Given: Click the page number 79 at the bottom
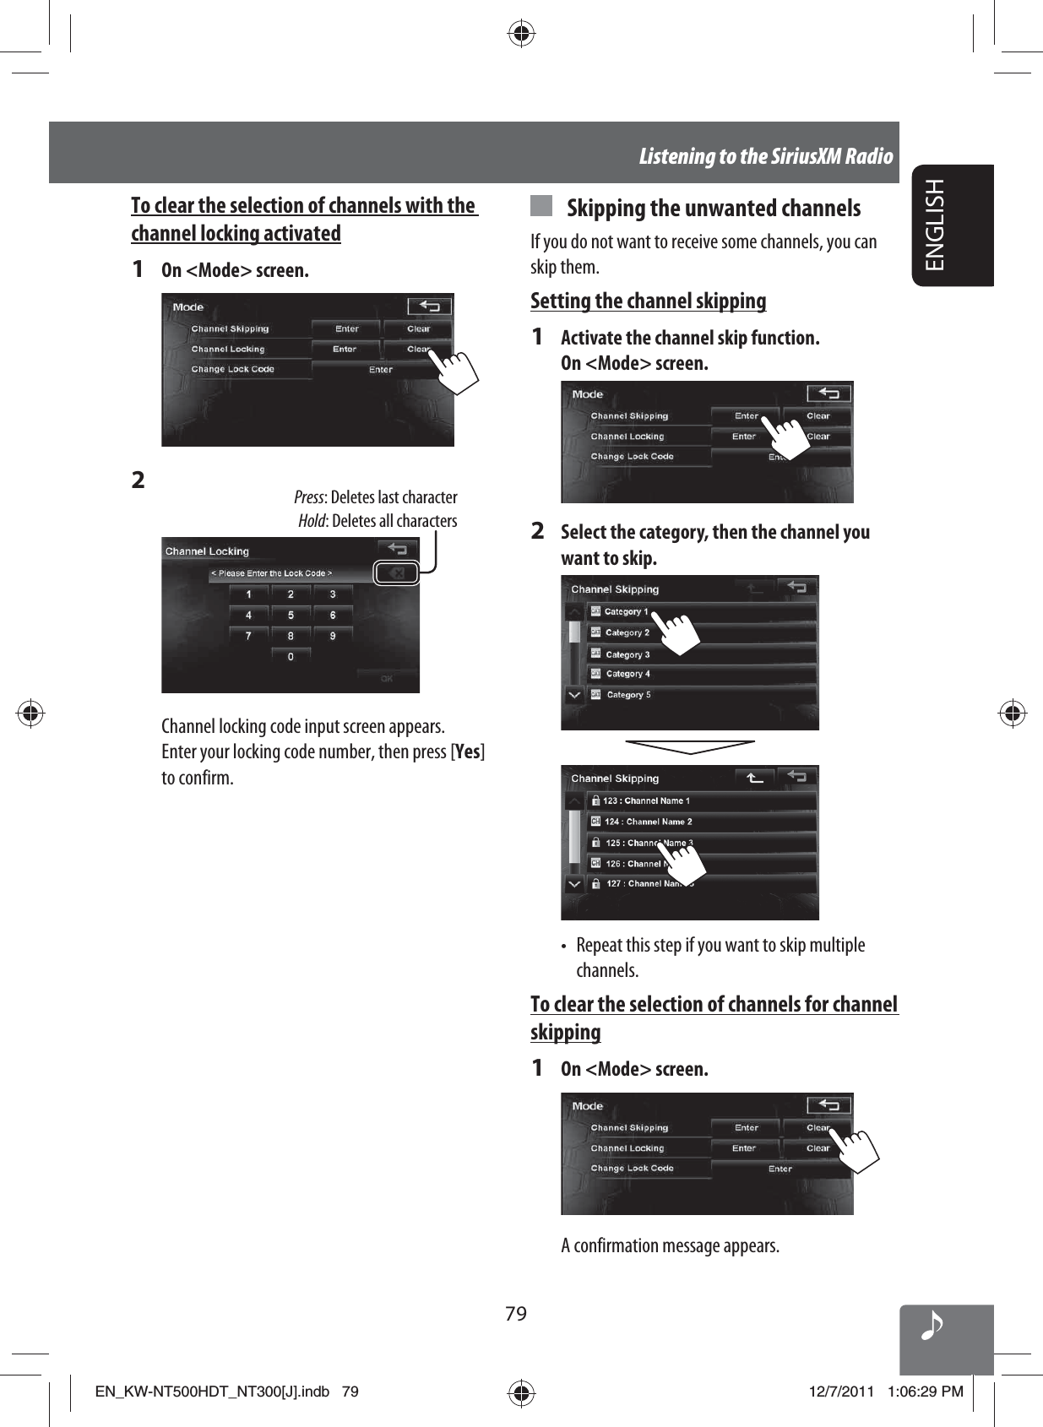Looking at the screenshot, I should coord(516,1314).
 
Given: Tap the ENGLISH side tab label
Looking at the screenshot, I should coord(936,225).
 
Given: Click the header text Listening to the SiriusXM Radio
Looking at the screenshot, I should coord(765,156).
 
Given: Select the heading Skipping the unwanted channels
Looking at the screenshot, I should coord(714,209).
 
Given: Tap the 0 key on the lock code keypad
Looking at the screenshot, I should coord(291,657).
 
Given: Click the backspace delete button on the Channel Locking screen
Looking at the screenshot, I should coord(397,573).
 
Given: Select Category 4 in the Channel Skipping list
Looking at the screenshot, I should coord(627,674).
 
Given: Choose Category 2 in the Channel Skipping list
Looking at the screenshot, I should coord(627,632).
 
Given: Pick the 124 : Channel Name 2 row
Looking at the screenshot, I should coord(648,822).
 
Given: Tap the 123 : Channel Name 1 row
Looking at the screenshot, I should coord(646,800).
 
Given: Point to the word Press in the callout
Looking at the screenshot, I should coord(308,497).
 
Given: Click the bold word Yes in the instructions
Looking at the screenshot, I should coord(467,751).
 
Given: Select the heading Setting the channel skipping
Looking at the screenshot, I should coord(648,301).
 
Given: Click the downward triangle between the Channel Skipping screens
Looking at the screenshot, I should coord(690,746).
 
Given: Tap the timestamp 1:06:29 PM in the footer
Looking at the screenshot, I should coord(925,1392).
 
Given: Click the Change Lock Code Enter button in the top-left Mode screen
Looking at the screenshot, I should coord(380,370).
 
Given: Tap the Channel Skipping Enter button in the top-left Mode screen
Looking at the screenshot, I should coord(346,328).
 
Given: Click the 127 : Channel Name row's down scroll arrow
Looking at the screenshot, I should coord(574,884).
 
